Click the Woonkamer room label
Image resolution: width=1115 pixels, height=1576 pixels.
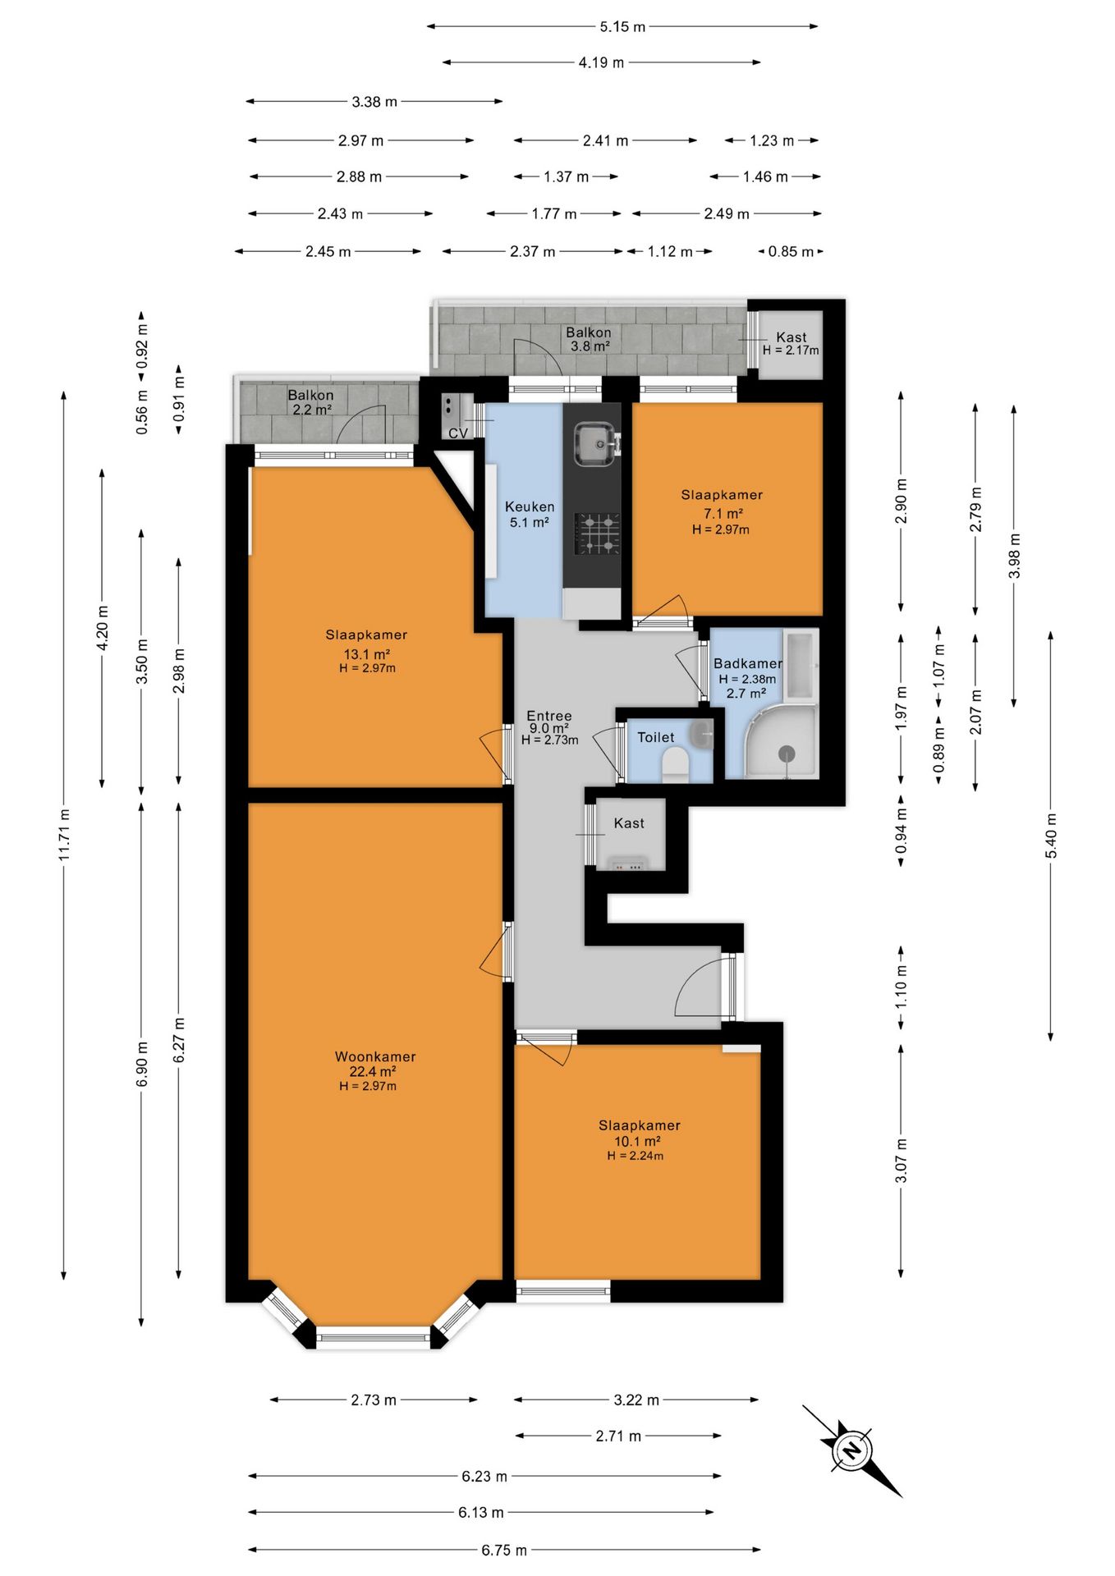click(375, 1056)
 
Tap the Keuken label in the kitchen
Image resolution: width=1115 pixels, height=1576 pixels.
click(530, 506)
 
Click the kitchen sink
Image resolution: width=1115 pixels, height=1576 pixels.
click(596, 443)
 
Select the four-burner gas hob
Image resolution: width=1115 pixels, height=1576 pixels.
click(597, 534)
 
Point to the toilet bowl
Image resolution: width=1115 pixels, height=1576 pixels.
click(675, 765)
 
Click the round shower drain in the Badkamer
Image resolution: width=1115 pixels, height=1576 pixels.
click(787, 753)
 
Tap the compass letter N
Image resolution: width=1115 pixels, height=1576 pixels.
click(852, 1450)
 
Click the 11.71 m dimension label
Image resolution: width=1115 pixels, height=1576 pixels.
click(64, 835)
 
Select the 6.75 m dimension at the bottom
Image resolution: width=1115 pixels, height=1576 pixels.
click(504, 1550)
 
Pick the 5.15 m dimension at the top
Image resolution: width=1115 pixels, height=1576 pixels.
click(622, 26)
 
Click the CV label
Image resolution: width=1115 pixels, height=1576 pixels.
click(458, 433)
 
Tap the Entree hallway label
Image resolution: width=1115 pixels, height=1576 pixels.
click(549, 716)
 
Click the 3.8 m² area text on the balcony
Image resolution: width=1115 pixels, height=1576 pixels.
click(590, 346)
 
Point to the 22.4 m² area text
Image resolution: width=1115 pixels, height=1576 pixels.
click(373, 1071)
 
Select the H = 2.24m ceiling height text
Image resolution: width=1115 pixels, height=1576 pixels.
click(636, 1156)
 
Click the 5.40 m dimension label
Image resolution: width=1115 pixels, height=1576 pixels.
click(1051, 836)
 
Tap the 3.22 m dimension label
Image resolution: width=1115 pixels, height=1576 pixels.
click(636, 1400)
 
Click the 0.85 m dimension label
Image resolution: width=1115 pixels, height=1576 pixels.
click(791, 251)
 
